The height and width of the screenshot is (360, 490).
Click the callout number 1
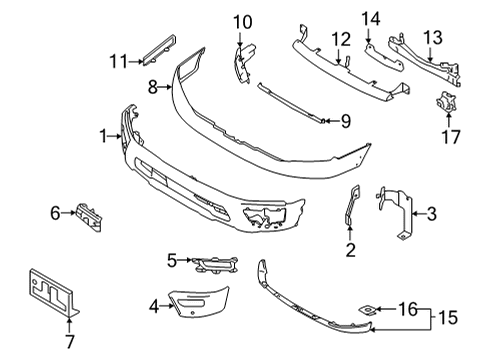coord(104,135)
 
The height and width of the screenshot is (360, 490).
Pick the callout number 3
coord(431,213)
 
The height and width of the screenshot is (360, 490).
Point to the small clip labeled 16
coord(369,309)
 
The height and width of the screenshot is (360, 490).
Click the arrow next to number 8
coord(171,88)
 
